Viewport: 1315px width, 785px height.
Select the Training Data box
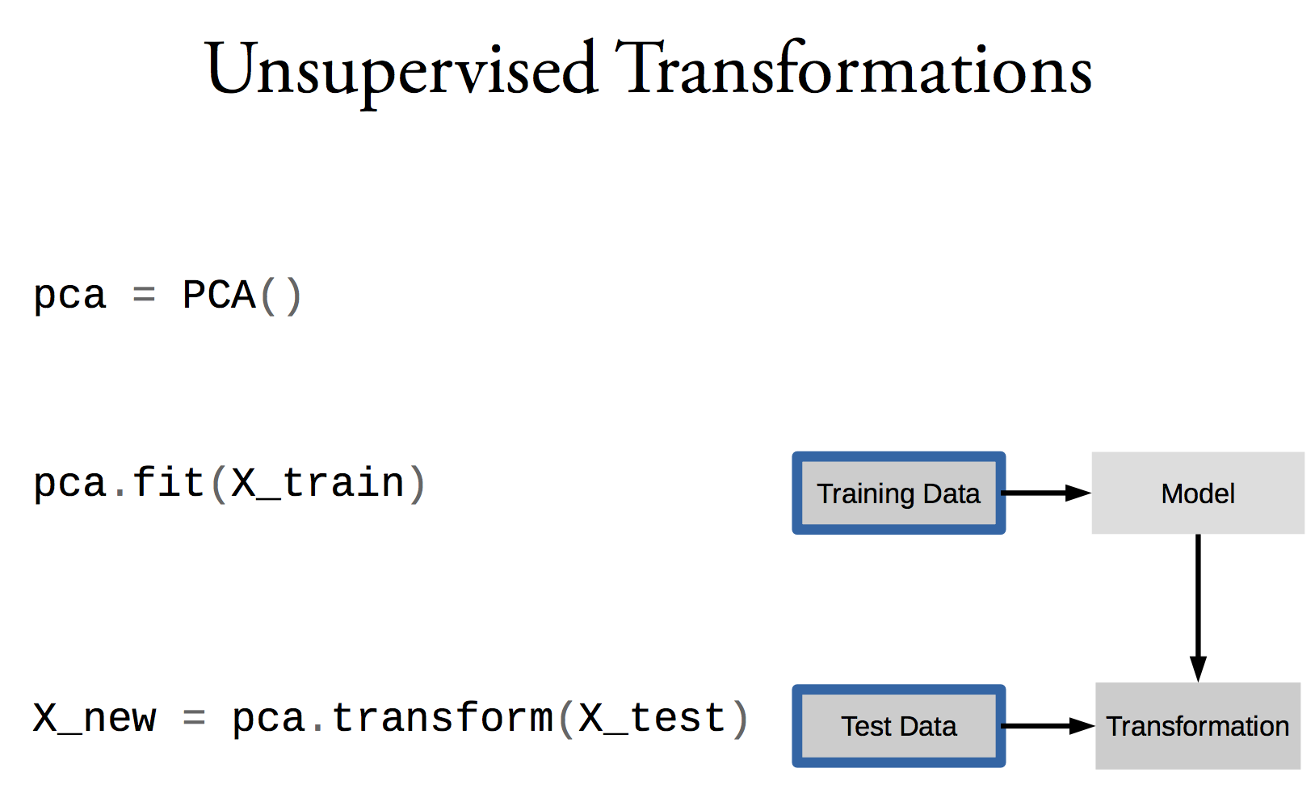point(899,493)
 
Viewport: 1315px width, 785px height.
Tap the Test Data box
point(899,726)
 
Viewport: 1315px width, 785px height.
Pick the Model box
point(1198,493)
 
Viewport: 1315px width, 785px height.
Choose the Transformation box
point(1198,726)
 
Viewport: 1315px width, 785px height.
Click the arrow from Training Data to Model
point(1046,493)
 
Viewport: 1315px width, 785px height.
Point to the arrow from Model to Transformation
point(1198,608)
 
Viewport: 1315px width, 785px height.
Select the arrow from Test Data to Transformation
point(1048,726)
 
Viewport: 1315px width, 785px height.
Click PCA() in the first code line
point(242,296)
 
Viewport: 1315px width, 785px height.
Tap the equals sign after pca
point(144,294)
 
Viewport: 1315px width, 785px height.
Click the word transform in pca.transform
point(443,717)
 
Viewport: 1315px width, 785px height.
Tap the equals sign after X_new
point(194,717)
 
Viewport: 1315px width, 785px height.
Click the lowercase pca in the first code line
point(69,296)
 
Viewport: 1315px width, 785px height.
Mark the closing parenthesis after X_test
point(740,720)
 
